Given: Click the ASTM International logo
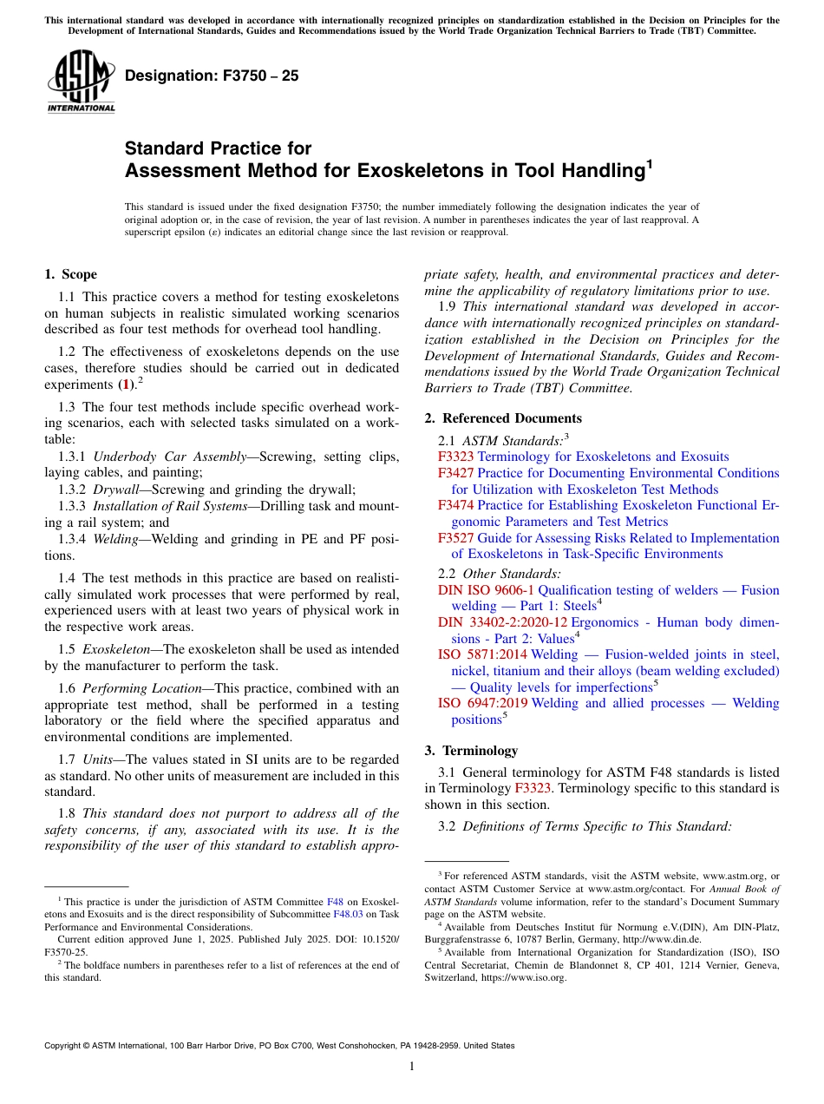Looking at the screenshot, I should [x=81, y=81].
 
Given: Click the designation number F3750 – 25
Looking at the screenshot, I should [x=212, y=76].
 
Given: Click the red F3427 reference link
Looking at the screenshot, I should [x=455, y=473].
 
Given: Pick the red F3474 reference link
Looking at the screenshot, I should [x=455, y=505].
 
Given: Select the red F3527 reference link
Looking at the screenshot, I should [x=455, y=538].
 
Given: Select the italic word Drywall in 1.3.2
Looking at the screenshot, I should [x=115, y=490].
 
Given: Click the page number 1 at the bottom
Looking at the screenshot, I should [x=412, y=1067].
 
